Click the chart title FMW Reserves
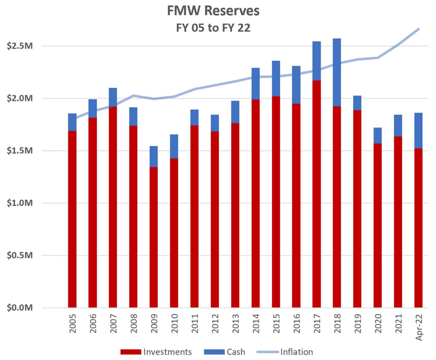coord(213,11)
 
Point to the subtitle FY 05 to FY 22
coord(213,28)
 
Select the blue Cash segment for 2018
coord(337,72)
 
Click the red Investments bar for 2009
coord(154,237)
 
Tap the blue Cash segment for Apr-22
coord(418,130)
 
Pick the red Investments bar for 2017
coord(316,194)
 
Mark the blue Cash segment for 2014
coord(255,83)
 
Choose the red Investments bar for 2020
coord(377,225)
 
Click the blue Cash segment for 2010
coord(174,146)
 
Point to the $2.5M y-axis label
coord(20,46)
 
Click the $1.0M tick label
coord(20,203)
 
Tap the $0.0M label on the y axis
coord(20,308)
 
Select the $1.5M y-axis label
coord(20,151)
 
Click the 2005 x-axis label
coord(73,323)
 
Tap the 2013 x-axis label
coord(235,323)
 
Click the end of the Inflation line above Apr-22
coord(418,29)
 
